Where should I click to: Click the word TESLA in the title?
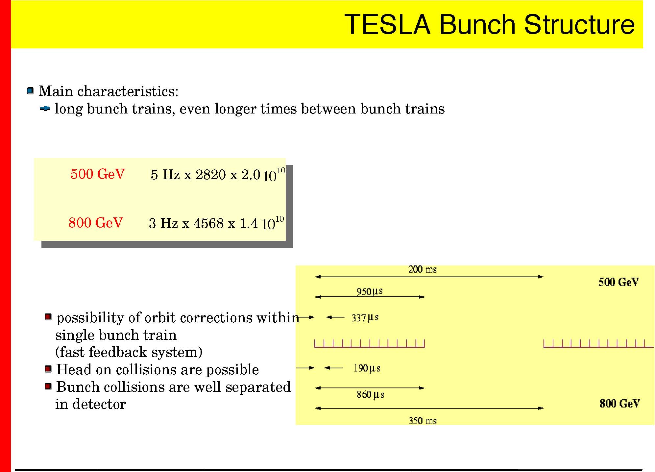[387, 24]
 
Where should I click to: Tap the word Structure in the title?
[579, 24]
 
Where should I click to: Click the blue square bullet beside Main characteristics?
[30, 90]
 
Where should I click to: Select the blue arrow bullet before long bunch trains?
[45, 108]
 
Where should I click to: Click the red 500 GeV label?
[98, 174]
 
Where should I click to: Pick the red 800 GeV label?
[96, 223]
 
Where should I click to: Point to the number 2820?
[211, 175]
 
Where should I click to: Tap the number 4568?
[209, 223]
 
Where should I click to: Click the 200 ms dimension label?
[423, 269]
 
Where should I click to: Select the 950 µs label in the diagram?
[370, 291]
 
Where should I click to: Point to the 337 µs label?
[365, 318]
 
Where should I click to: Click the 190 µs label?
[367, 368]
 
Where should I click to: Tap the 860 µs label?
[371, 394]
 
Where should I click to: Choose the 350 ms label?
[423, 421]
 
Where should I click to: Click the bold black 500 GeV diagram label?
[619, 282]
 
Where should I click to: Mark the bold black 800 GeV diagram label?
[619, 403]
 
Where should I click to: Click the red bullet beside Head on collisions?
[48, 369]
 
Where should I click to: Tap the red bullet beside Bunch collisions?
[48, 386]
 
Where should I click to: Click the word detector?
[99, 404]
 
